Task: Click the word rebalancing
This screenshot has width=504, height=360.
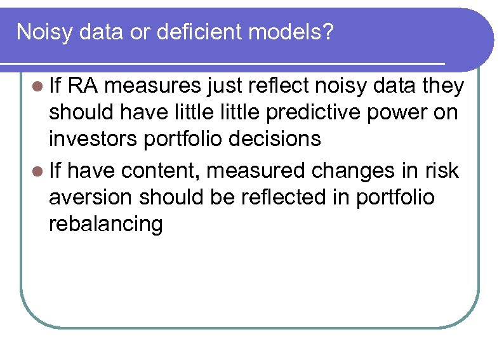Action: click(106, 224)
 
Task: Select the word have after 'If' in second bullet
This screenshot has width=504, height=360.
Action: click(93, 171)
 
